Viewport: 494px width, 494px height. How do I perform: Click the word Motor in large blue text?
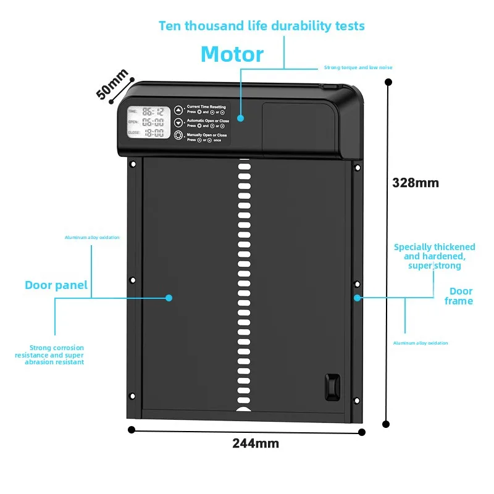232,54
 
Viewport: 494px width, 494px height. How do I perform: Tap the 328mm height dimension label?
416,183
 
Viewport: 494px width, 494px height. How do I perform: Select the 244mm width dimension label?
256,443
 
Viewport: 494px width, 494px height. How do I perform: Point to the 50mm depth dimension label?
112,84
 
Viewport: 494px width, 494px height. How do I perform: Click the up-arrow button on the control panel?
178,109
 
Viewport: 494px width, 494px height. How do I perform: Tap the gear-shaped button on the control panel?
178,136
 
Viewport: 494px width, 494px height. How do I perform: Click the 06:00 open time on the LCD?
153,122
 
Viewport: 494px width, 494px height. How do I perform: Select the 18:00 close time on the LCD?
153,132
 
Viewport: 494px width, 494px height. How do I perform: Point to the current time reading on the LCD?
153,112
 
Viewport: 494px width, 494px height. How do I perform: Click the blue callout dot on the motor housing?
241,117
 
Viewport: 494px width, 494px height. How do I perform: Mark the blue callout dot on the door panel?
169,298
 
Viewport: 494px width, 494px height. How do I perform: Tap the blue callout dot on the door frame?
357,298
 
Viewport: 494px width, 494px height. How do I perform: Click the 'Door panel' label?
56,285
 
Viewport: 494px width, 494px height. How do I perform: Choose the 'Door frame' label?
459,296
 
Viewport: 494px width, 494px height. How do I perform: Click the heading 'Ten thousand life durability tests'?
261,26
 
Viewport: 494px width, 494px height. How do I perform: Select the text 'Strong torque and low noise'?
358,67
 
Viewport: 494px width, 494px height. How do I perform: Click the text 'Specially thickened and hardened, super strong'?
435,256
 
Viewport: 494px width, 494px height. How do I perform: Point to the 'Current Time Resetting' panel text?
207,107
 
